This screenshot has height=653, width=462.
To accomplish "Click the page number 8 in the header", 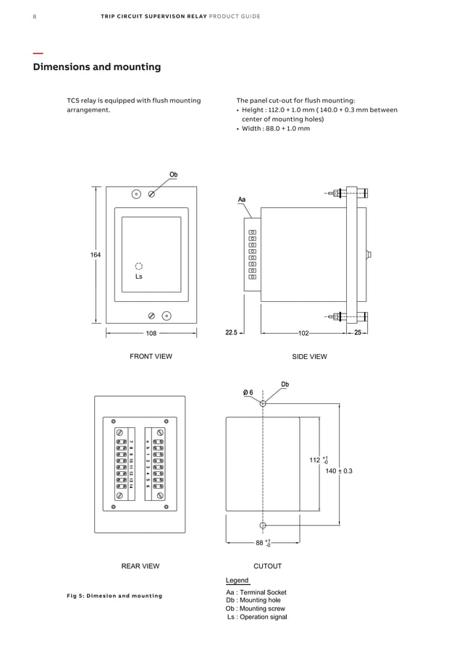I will pyautogui.click(x=35, y=16).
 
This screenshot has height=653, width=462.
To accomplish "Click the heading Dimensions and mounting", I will pyautogui.click(x=97, y=67).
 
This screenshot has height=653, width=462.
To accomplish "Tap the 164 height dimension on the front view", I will pyautogui.click(x=96, y=255).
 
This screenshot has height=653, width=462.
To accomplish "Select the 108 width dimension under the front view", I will pyautogui.click(x=151, y=334).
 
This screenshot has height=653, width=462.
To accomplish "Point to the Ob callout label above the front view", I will pyautogui.click(x=174, y=174).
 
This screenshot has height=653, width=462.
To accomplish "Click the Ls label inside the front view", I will pyautogui.click(x=139, y=277).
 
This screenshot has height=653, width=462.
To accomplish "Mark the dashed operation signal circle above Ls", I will pyautogui.click(x=139, y=266).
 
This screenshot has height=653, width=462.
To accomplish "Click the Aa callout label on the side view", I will pyautogui.click(x=242, y=198).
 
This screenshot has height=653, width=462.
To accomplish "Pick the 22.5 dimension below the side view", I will pyautogui.click(x=232, y=333).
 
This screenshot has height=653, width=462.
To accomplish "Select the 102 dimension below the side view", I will pyautogui.click(x=303, y=334).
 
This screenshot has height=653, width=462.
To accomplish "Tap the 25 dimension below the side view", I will pyautogui.click(x=358, y=333).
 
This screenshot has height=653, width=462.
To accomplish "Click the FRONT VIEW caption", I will pyautogui.click(x=151, y=356).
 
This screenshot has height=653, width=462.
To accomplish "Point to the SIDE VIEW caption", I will pyautogui.click(x=309, y=356).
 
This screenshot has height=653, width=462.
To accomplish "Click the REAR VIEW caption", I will pyautogui.click(x=140, y=566).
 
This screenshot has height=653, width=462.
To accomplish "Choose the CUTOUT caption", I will pyautogui.click(x=267, y=566).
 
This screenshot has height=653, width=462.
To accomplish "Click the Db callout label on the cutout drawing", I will pyautogui.click(x=285, y=384).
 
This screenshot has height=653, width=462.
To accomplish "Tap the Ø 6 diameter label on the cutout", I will pyautogui.click(x=248, y=392).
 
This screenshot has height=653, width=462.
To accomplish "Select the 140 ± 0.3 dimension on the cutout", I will pyautogui.click(x=339, y=471).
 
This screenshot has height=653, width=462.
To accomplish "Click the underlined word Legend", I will pyautogui.click(x=237, y=581).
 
